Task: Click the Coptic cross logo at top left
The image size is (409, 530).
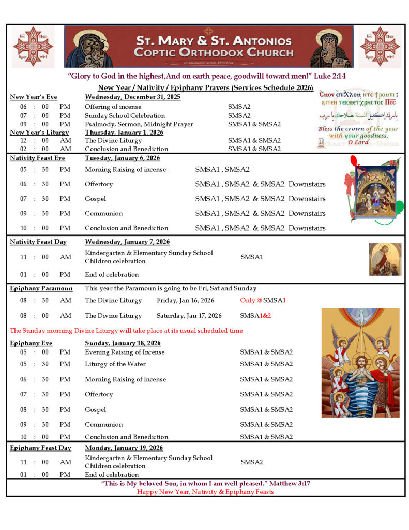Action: (33, 47)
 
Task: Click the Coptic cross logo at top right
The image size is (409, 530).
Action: (380, 47)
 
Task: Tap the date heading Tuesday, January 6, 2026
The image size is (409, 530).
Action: (123, 158)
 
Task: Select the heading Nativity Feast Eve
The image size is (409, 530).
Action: (38, 158)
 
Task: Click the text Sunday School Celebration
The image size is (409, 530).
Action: (125, 115)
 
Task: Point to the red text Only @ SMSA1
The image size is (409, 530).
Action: (263, 300)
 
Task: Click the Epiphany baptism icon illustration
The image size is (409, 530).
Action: (360, 363)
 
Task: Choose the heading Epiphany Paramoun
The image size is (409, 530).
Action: (41, 288)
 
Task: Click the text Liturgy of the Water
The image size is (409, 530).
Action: (115, 364)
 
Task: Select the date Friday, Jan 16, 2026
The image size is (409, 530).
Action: (185, 300)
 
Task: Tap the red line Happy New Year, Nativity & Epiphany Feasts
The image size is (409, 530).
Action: (205, 492)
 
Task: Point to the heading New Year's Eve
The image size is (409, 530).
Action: (34, 97)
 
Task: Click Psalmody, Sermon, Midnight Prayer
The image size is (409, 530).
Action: (139, 124)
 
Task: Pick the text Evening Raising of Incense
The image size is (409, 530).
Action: (125, 352)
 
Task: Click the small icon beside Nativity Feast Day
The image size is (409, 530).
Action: (385, 259)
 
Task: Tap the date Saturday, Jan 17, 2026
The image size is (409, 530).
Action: (189, 315)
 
